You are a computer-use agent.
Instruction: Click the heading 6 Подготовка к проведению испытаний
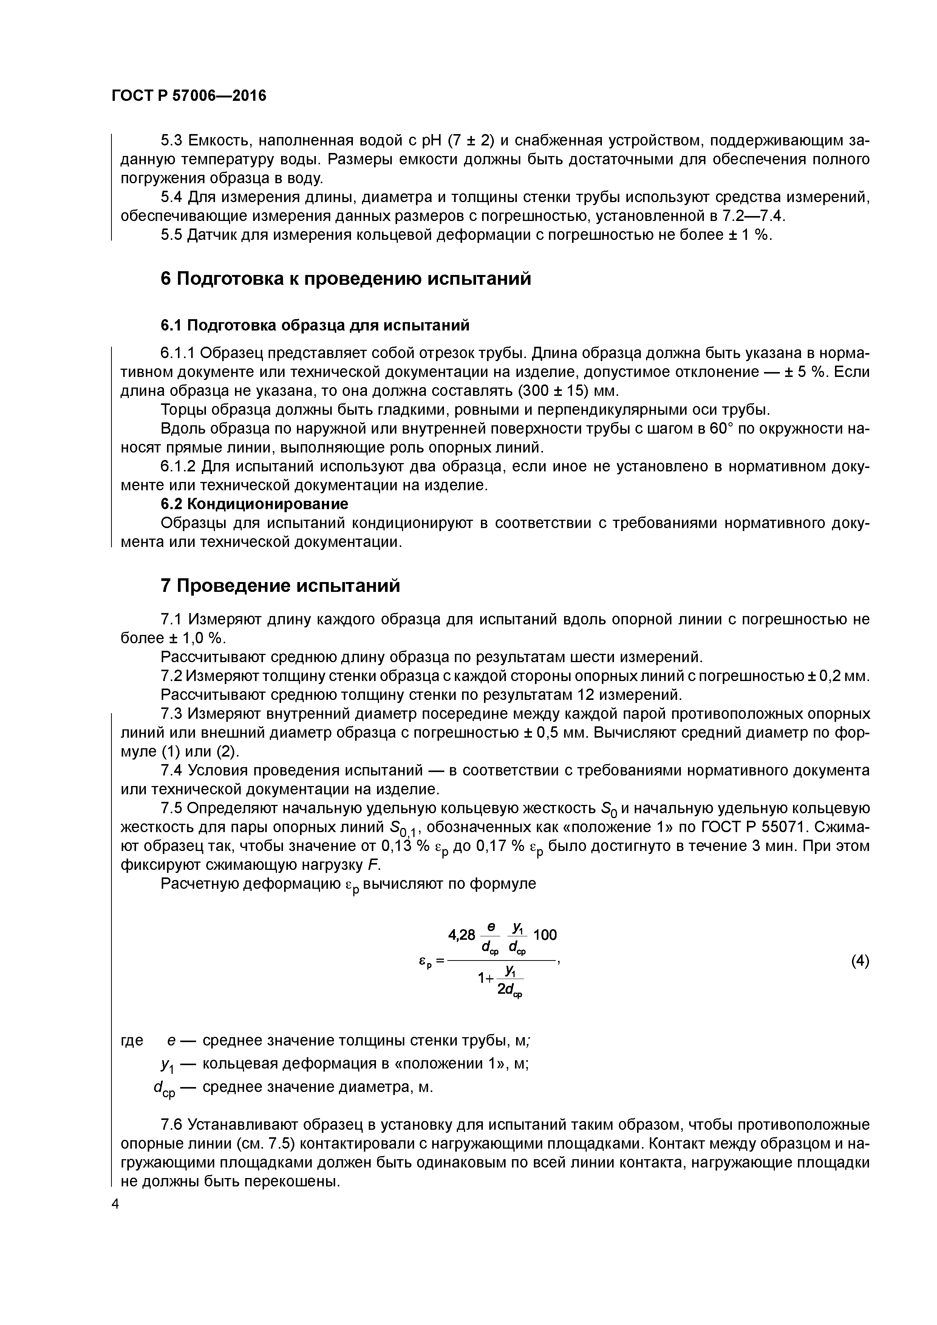click(345, 279)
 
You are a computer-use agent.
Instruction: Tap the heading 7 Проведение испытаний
click(280, 586)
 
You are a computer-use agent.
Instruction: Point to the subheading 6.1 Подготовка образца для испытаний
click(315, 326)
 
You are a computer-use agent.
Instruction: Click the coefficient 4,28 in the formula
click(461, 935)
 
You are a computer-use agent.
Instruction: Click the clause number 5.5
click(172, 235)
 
